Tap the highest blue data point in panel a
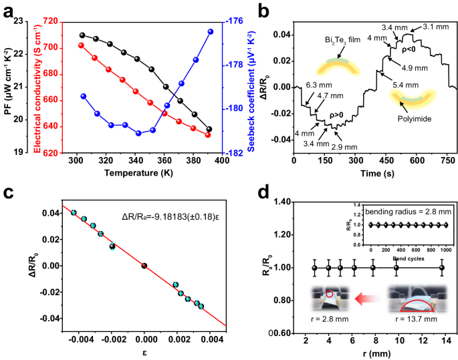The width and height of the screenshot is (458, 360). coord(211,31)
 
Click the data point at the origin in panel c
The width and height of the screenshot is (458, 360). coord(144,265)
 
